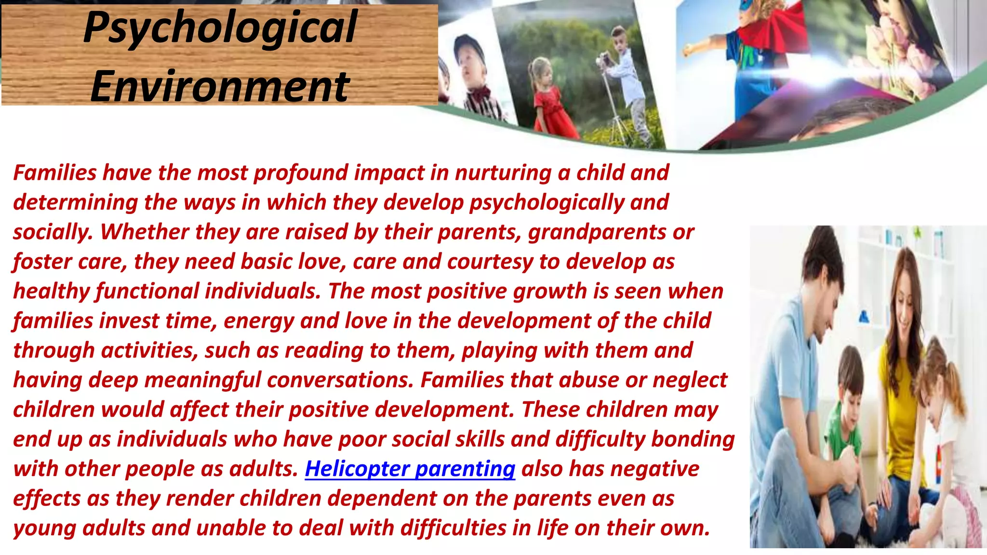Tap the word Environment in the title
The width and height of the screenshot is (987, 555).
(220, 87)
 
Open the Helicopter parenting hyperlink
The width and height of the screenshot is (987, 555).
(410, 469)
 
